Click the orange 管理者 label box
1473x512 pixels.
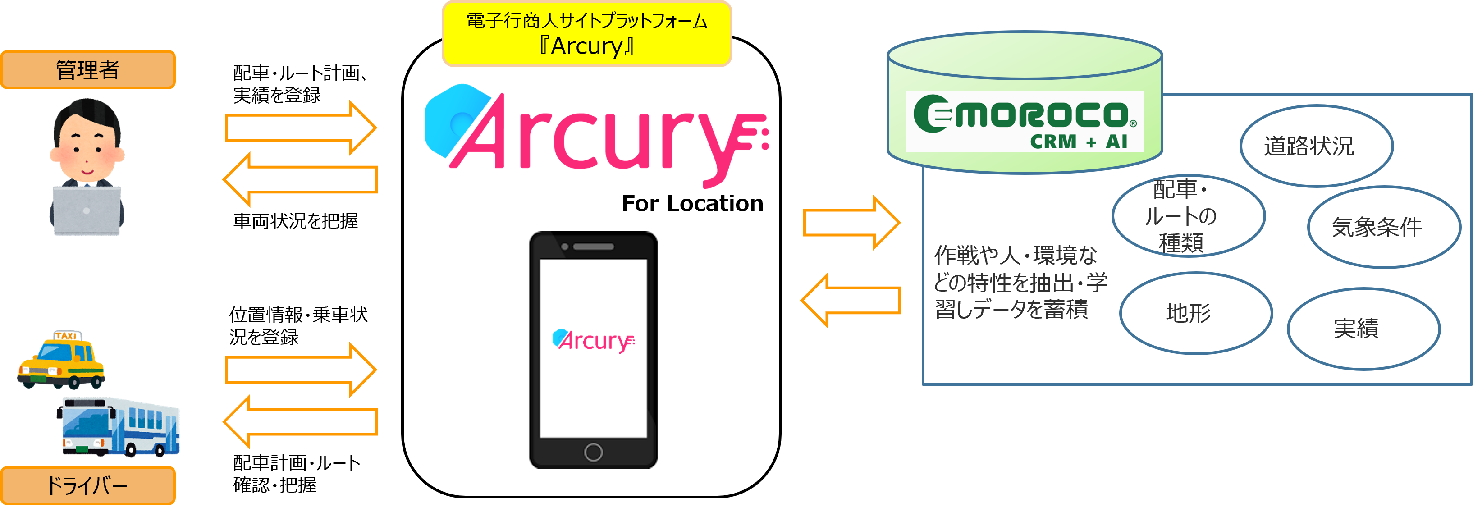pyautogui.click(x=87, y=70)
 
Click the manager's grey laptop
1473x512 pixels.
pyautogui.click(x=87, y=210)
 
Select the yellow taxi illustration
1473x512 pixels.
pyautogui.click(x=62, y=361)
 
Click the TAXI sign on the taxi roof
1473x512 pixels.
pyautogui.click(x=67, y=336)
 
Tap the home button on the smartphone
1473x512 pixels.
pyautogui.click(x=593, y=452)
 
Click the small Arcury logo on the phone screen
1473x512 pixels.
pyautogui.click(x=593, y=340)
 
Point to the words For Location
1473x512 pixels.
pyautogui.click(x=692, y=204)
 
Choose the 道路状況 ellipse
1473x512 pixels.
pyautogui.click(x=1316, y=146)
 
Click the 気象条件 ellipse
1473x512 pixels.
pyautogui.click(x=1383, y=227)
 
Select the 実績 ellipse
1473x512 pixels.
pyautogui.click(x=1363, y=329)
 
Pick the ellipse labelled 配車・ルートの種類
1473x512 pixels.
pyautogui.click(x=1188, y=216)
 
